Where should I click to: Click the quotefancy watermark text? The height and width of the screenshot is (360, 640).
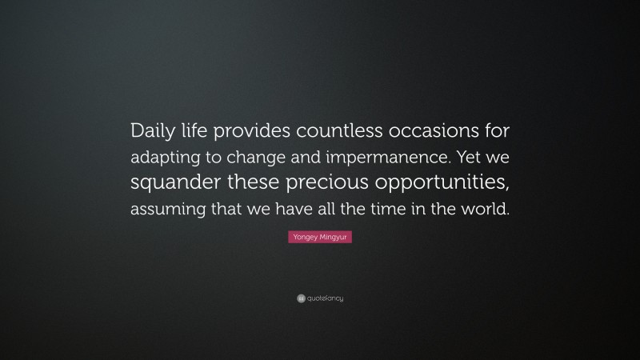click(x=325, y=298)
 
